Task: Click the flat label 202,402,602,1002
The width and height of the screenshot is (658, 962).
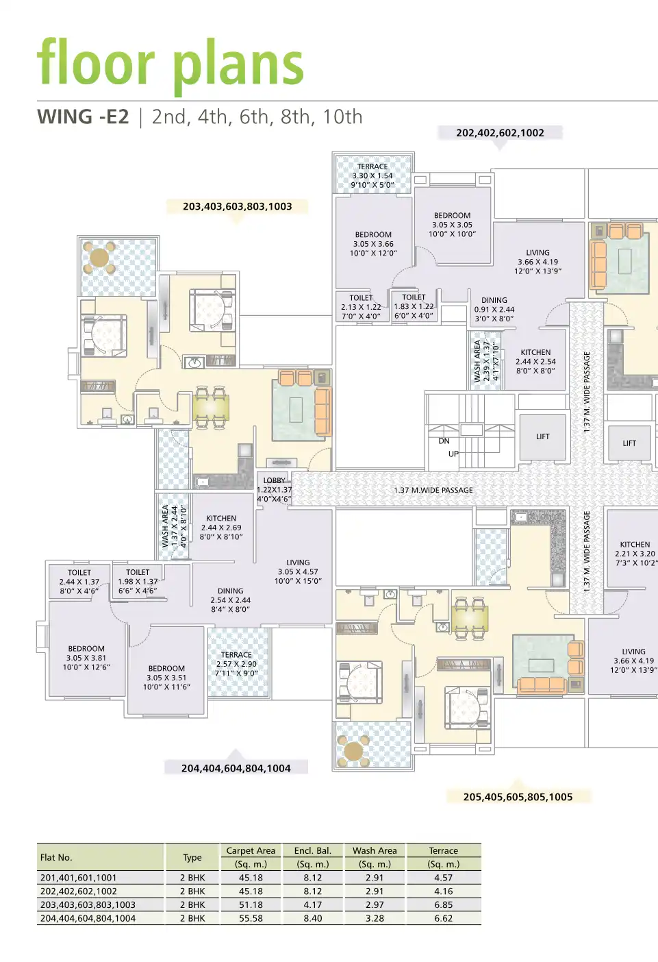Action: click(500, 133)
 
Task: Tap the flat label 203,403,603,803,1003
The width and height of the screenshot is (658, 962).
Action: click(237, 206)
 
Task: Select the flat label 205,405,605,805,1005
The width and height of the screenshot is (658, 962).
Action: click(518, 797)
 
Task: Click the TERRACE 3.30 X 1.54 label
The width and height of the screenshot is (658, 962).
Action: click(372, 175)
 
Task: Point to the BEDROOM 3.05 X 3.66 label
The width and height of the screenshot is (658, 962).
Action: click(373, 244)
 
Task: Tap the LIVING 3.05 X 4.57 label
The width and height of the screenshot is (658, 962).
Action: click(298, 571)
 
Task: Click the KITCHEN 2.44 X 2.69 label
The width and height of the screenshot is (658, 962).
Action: click(221, 528)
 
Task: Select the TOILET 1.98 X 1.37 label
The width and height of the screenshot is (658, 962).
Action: click(138, 581)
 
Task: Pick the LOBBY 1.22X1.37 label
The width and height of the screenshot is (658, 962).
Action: click(275, 489)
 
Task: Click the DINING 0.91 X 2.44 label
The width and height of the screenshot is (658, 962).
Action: click(494, 309)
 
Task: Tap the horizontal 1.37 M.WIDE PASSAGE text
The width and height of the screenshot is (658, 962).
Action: click(433, 491)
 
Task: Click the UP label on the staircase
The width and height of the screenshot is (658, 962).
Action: click(453, 454)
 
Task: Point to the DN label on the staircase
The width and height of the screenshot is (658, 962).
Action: click(444, 441)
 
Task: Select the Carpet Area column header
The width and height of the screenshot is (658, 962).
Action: click(251, 850)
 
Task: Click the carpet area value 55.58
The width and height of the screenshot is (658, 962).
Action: click(251, 918)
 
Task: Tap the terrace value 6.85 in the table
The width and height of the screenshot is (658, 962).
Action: click(443, 904)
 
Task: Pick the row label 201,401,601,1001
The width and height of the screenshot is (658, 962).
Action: click(78, 878)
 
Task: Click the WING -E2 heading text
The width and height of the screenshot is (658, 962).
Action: click(83, 117)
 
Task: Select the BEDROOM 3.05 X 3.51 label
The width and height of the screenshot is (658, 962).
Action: click(166, 678)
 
